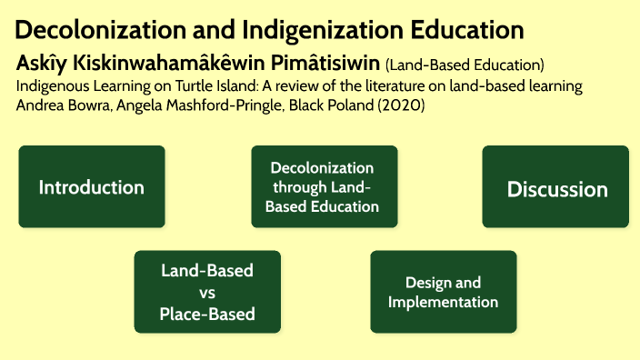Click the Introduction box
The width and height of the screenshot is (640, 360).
[91, 187]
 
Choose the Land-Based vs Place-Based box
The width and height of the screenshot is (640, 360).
[206, 293]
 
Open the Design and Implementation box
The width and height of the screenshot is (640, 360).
[443, 293]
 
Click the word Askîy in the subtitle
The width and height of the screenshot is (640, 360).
[39, 65]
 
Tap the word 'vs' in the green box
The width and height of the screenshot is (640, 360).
[206, 293]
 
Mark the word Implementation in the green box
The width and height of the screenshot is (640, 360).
[443, 303]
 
